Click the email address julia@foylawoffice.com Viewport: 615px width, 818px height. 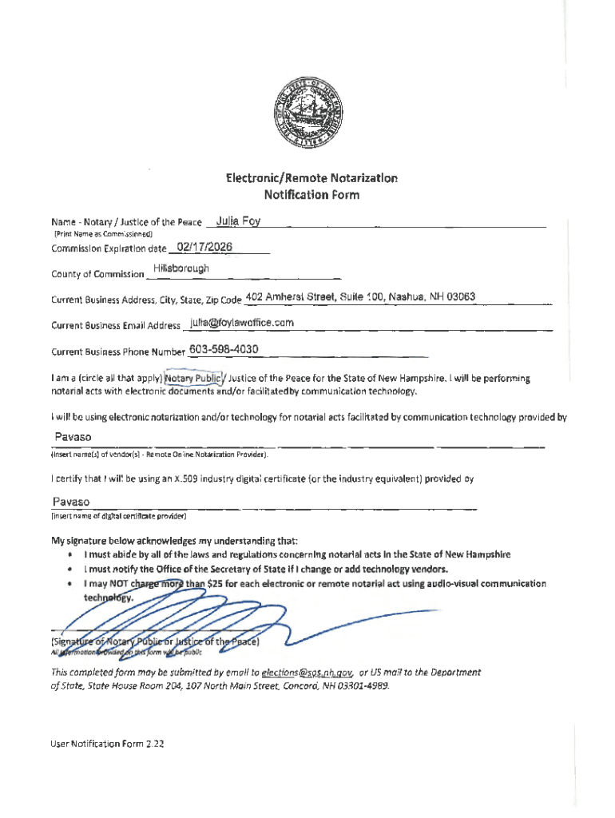point(242,323)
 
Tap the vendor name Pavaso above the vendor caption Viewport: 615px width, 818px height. point(73,437)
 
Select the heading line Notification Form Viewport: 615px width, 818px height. point(311,194)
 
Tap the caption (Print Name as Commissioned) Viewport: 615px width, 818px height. point(97,235)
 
